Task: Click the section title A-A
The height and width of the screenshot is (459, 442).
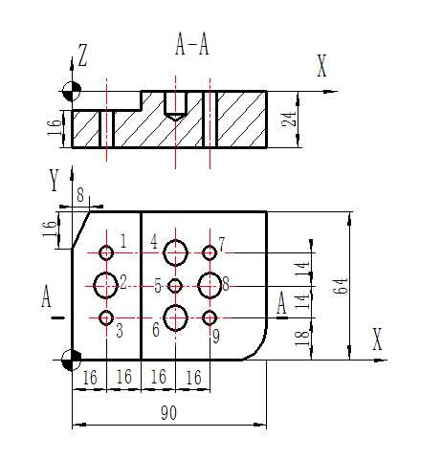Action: pos(192,45)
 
